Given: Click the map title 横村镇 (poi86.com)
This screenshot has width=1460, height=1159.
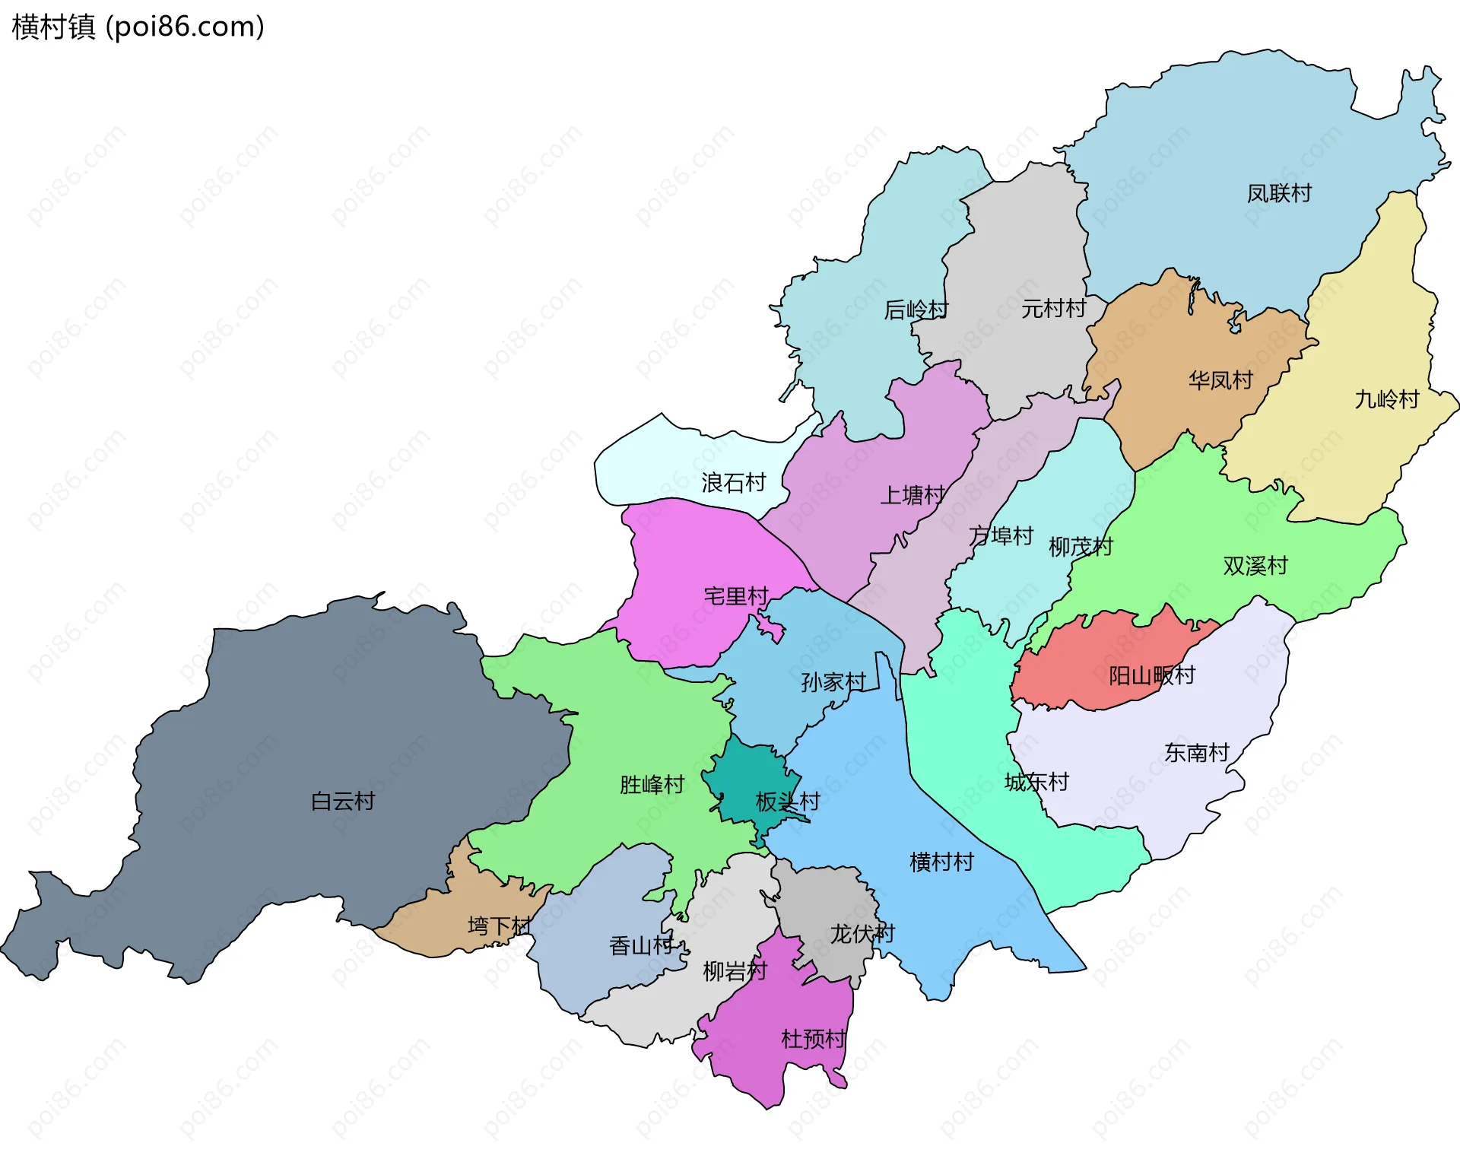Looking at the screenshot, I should (138, 27).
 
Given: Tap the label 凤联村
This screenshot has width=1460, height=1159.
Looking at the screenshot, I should (1279, 193).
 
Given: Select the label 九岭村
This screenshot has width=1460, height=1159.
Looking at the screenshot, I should (1386, 399).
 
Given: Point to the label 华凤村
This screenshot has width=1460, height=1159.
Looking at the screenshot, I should (1220, 380).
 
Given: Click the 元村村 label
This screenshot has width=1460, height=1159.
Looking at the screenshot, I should (1053, 309).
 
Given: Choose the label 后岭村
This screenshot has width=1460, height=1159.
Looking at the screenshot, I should (916, 310).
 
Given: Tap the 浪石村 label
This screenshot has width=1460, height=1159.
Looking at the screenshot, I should (733, 483).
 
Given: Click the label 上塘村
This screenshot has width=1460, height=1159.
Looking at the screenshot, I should (912, 496).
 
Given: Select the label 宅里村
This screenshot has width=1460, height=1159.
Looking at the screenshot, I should (736, 596).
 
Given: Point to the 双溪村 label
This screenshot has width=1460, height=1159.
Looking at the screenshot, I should (1255, 566).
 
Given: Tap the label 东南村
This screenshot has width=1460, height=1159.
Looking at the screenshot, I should (1196, 753).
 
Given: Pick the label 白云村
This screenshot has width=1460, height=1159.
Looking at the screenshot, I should (343, 801).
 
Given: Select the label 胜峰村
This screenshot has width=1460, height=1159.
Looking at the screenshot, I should (652, 785).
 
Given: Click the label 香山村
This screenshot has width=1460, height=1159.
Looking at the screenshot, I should (641, 946).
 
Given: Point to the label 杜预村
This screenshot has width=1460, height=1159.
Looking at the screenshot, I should (813, 1039).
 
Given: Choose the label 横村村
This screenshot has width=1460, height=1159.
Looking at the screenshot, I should (941, 862).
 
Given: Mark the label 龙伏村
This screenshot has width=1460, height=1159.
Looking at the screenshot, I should (862, 934).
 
